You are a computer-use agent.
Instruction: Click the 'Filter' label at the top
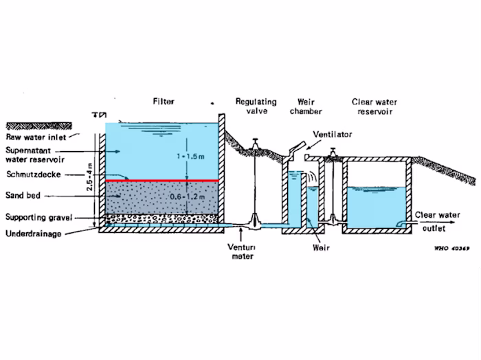pyautogui.click(x=164, y=102)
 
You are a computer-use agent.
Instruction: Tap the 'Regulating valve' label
pyautogui.click(x=256, y=106)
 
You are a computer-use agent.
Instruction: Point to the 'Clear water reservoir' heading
pyautogui.click(x=374, y=106)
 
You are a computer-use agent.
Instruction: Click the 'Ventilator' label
pyautogui.click(x=332, y=135)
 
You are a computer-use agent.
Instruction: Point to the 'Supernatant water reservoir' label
pyautogui.click(x=33, y=155)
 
